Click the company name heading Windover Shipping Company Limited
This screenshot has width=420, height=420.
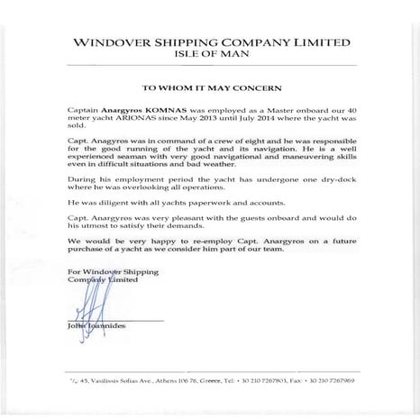[210, 41]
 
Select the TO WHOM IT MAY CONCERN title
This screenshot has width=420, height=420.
[210, 89]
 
